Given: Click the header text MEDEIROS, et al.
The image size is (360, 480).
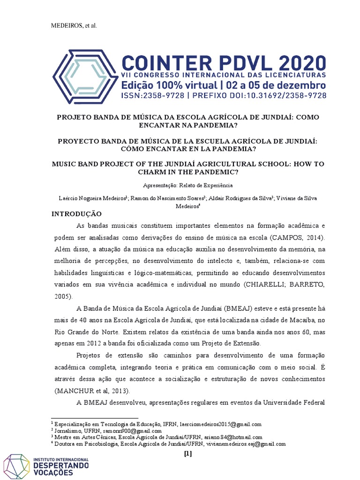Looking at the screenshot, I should [74, 25].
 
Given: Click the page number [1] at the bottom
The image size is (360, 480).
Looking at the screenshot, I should [188, 453].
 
